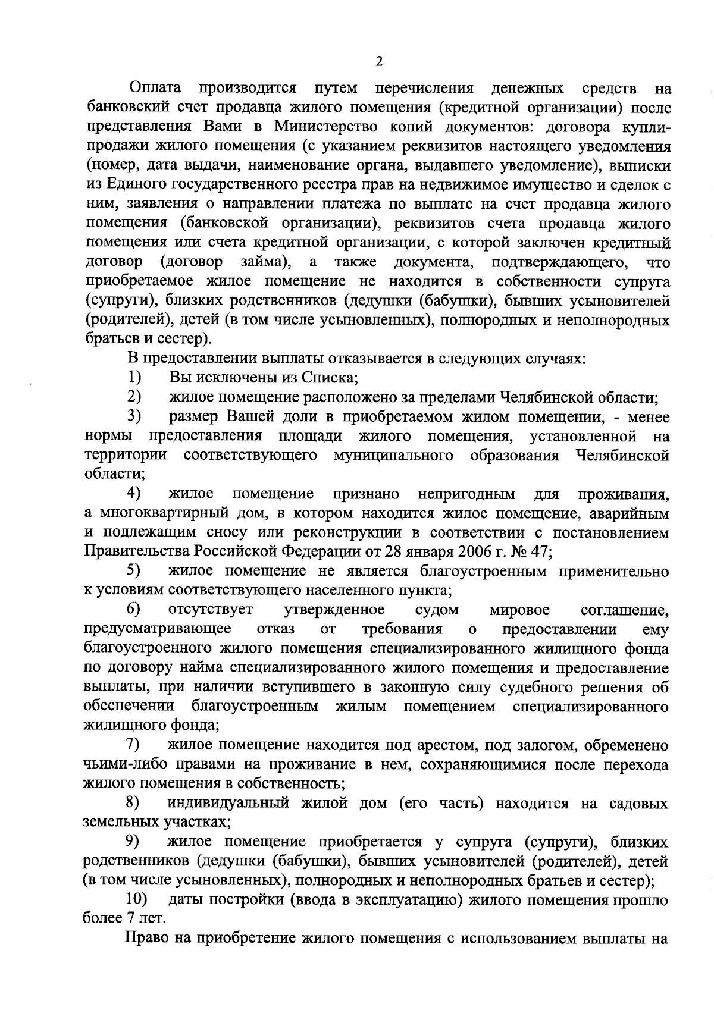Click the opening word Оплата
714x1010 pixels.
[155, 89]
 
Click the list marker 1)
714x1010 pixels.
[134, 377]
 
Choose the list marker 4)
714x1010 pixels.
[134, 494]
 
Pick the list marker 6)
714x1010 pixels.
[134, 610]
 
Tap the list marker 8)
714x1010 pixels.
[134, 803]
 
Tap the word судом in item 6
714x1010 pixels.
[437, 610]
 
